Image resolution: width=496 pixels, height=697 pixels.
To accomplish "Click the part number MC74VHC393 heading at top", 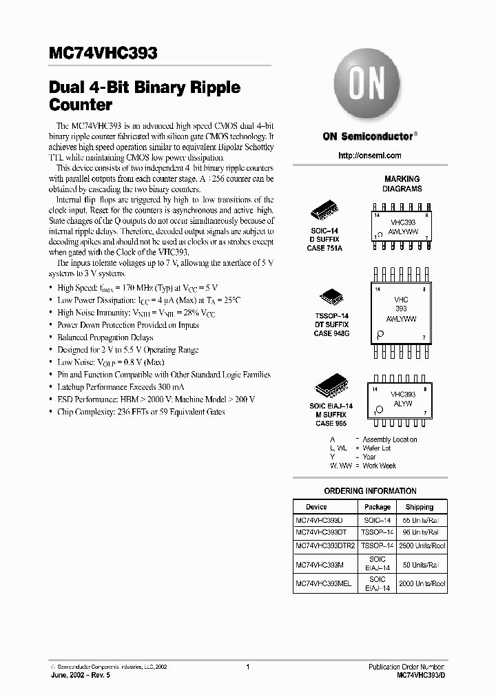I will point(103,54).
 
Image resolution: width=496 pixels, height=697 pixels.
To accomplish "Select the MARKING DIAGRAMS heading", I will point(402,184).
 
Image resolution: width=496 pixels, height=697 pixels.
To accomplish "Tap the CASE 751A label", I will point(324,248).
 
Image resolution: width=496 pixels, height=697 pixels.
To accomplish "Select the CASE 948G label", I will point(331,333).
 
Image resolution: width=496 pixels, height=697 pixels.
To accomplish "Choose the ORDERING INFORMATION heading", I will point(370,491).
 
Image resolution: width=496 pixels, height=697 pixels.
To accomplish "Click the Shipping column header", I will point(420,507).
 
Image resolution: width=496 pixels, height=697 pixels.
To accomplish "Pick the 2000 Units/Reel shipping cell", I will point(422,583).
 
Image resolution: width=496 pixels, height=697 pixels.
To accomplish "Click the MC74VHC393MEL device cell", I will point(323,583).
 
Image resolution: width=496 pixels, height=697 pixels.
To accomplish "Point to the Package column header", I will point(378,507).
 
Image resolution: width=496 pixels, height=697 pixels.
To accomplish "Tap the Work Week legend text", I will point(380,466).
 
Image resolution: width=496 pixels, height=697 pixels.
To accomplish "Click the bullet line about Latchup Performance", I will point(134,387).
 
